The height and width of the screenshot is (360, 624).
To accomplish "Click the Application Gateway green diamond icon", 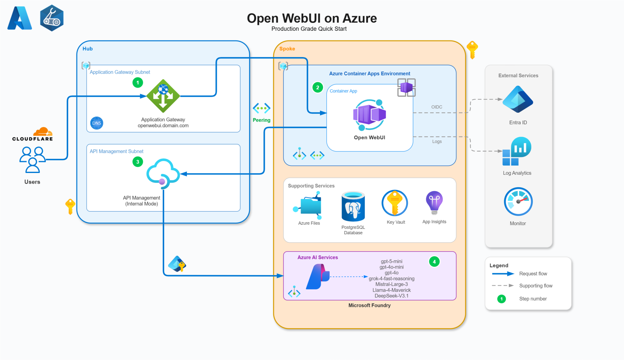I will tap(163, 96).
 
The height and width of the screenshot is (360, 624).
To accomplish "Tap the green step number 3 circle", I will tap(138, 162).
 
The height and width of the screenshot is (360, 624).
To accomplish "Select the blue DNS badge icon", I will tap(97, 123).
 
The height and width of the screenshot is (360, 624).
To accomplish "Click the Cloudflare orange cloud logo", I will tap(43, 132).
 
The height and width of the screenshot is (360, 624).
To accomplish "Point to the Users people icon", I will tap(32, 159).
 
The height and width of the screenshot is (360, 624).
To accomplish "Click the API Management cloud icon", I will tap(163, 173).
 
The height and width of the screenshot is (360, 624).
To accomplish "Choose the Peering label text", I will tap(261, 120).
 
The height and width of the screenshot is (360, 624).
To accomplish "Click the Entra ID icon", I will tap(518, 99).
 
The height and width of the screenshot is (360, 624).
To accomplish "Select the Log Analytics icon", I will tap(517, 151).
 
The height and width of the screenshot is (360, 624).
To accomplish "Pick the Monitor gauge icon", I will tap(518, 202).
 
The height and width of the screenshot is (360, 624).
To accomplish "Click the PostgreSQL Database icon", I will tap(353, 206).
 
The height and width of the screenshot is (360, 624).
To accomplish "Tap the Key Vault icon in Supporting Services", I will tap(395, 203).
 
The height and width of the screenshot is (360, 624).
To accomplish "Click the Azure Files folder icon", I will tap(309, 206).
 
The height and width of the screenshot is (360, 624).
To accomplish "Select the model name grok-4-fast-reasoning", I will tap(392, 278).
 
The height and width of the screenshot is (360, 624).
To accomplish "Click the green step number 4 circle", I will tap(434, 262).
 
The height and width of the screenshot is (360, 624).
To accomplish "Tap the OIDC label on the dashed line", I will tap(437, 107).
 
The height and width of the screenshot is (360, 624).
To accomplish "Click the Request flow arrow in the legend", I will tap(503, 274).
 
